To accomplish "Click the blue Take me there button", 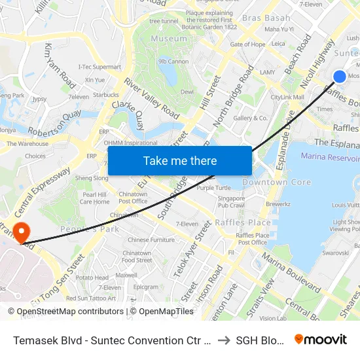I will click(x=180, y=161).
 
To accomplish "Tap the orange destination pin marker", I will click(x=21, y=231).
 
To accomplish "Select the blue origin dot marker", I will click(x=340, y=77).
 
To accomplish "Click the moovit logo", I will click(x=321, y=340).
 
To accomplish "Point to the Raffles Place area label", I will click(x=243, y=223).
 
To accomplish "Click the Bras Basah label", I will click(x=266, y=18).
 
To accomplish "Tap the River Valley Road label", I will click(x=153, y=98).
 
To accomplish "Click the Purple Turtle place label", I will click(x=213, y=188).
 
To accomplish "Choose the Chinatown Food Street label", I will click(x=137, y=257).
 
